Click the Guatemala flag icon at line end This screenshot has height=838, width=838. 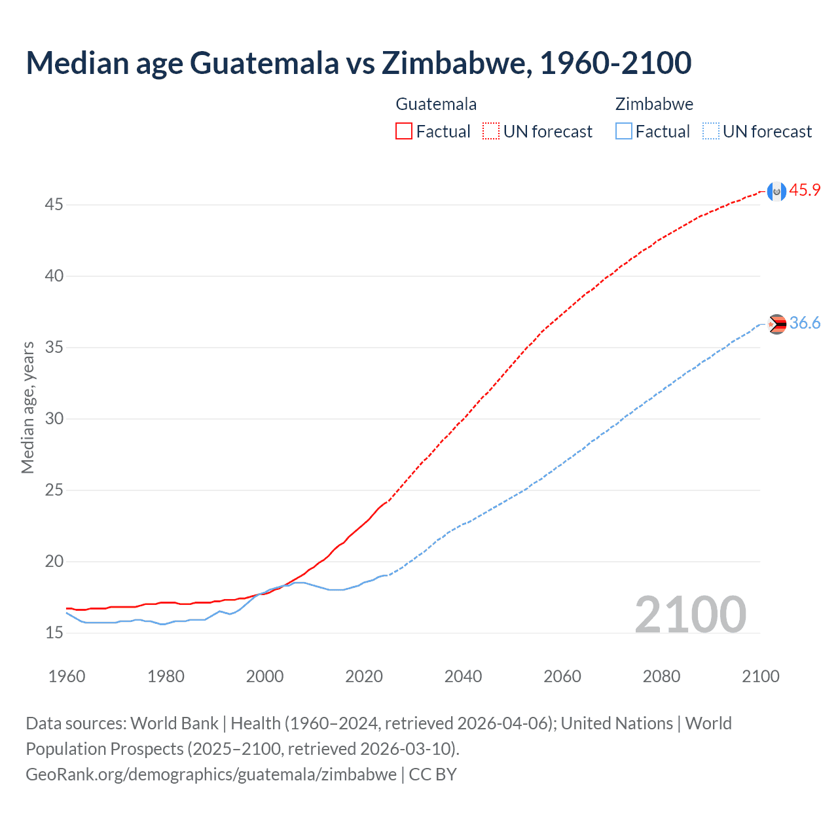776,191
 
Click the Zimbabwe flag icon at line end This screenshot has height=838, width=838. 776,324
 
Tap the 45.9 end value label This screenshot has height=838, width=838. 805,191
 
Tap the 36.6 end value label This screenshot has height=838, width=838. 805,323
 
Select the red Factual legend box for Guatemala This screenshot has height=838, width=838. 404,132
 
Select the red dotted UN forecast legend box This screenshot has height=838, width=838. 491,132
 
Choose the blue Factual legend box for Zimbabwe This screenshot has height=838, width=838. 624,132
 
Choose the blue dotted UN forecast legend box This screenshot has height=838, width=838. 710,132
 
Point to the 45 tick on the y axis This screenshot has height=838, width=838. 54,205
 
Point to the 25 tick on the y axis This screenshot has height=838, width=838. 54,490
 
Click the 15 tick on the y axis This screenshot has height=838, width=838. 54,633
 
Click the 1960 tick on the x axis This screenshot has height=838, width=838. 67,676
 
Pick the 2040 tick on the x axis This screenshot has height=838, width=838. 463,676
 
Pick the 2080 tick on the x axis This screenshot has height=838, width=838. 661,676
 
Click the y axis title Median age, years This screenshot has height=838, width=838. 27,407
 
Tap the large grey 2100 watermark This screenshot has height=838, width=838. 690,615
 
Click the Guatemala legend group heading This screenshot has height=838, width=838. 436,104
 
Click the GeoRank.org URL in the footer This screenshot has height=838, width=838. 211,774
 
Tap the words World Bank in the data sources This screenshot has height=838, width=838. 174,723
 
